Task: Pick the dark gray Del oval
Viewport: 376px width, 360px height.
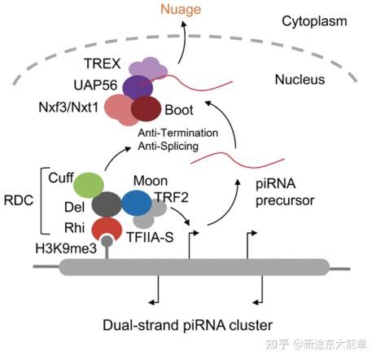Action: [107, 205]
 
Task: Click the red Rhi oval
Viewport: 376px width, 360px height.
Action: [106, 230]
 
